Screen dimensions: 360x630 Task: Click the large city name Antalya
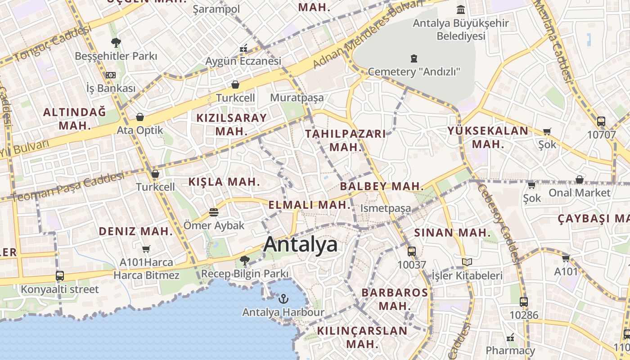click(301, 244)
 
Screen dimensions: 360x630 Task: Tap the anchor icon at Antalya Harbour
click(283, 298)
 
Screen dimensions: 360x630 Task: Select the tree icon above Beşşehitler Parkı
click(116, 43)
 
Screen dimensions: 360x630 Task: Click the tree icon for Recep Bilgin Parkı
click(245, 260)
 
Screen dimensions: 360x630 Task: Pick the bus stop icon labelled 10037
click(412, 252)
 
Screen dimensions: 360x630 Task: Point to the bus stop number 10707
click(601, 134)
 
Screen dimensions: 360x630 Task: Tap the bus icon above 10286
click(524, 302)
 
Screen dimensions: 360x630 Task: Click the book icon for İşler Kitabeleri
click(467, 262)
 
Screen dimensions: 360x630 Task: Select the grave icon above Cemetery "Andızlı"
click(414, 58)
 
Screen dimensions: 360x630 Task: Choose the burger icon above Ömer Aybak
click(214, 212)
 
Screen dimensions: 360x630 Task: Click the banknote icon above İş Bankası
click(111, 75)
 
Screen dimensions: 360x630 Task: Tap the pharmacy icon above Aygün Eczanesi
click(244, 48)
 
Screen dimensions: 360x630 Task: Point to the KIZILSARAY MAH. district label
click(232, 124)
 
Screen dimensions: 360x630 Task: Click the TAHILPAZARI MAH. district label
click(346, 140)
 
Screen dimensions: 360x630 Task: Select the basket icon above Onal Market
click(580, 180)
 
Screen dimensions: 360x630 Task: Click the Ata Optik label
click(140, 130)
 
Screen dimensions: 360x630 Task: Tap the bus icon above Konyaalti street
click(60, 275)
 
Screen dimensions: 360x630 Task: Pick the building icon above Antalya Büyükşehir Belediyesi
click(461, 9)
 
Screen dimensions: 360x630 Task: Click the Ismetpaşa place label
click(386, 208)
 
